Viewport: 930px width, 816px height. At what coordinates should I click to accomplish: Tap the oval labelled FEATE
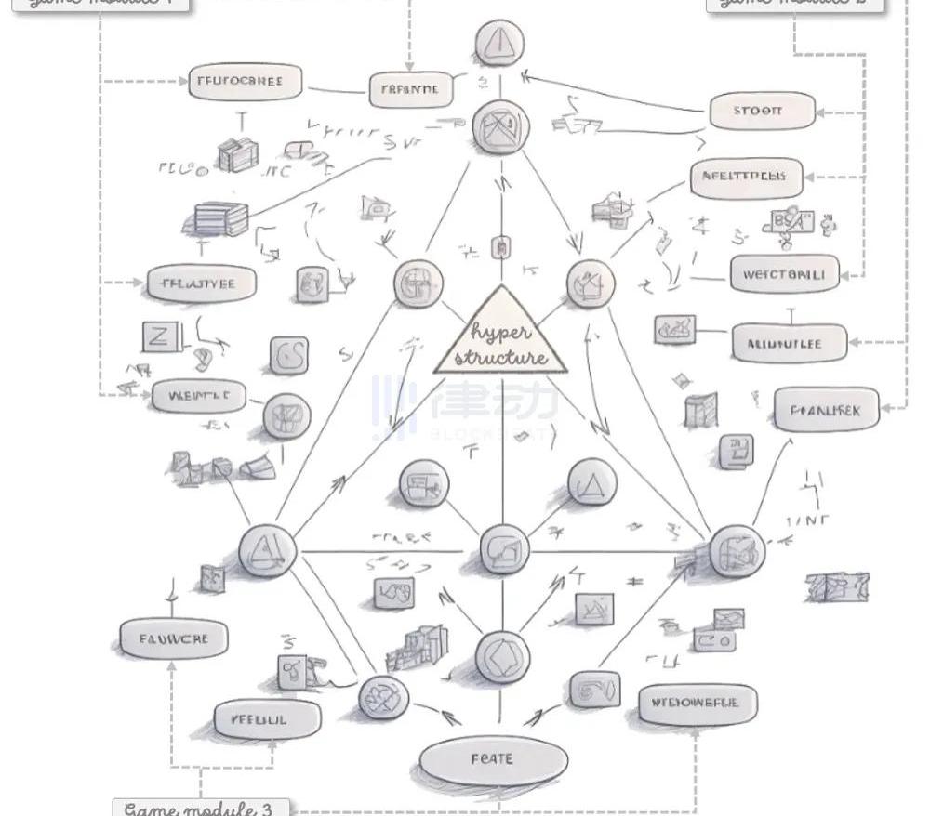pos(493,759)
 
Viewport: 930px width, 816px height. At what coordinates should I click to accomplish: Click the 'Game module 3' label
pos(200,808)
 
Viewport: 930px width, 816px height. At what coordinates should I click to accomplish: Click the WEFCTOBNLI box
pos(784,274)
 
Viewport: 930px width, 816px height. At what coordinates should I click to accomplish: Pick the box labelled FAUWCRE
pos(175,639)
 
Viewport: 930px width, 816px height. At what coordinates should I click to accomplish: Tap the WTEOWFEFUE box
pos(697,704)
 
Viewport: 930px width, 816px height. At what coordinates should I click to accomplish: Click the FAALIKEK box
pos(826,409)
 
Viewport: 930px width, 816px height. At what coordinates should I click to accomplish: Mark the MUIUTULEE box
pos(790,344)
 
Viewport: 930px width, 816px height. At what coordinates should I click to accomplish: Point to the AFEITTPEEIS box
pos(746,177)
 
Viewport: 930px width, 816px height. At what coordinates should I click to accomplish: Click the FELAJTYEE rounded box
pos(201,283)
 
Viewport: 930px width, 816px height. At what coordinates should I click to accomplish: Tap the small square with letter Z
pos(158,336)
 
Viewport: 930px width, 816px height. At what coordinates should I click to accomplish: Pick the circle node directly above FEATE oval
pos(501,656)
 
